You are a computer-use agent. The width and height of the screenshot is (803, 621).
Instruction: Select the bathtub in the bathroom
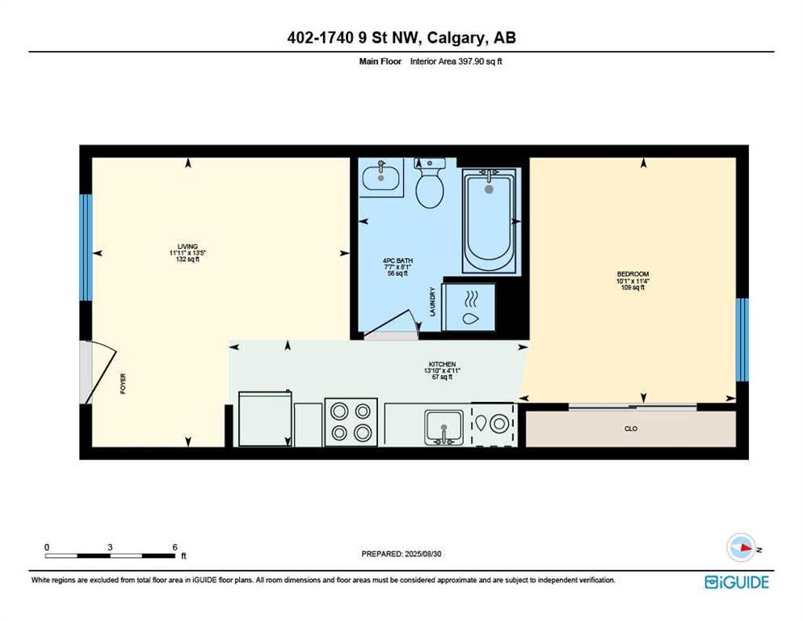[x=489, y=221]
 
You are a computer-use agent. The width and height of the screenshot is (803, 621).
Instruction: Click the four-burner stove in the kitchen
[x=351, y=422]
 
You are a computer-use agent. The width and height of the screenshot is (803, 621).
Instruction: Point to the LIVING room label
[x=187, y=247]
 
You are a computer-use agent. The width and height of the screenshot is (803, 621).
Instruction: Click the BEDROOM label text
[x=633, y=274]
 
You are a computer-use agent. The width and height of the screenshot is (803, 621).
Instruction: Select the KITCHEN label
[x=442, y=365]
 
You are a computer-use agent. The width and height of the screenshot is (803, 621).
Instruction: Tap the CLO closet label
[x=631, y=429]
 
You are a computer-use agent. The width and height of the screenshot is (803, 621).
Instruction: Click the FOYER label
[x=123, y=383]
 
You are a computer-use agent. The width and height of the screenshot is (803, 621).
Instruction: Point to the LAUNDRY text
[x=433, y=302]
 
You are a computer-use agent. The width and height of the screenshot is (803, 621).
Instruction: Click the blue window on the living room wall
[x=86, y=247]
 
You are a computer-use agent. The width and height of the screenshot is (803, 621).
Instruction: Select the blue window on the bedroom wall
[x=742, y=340]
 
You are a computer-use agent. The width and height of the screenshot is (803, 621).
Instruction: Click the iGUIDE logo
[x=737, y=582]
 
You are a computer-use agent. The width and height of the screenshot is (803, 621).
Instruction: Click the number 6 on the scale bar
[x=174, y=547]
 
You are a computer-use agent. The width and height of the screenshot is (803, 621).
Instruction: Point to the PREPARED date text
[x=401, y=554]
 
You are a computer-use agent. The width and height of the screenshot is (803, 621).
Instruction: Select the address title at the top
[x=401, y=37]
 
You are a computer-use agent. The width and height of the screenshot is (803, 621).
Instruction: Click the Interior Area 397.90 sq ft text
[x=456, y=61]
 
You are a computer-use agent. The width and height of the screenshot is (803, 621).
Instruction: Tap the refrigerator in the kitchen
[x=265, y=418]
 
